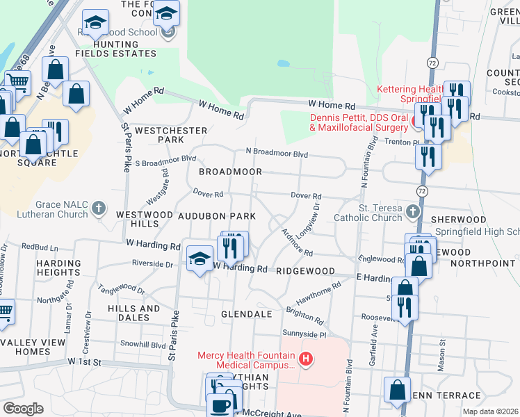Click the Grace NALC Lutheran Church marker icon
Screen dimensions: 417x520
tap(99, 208)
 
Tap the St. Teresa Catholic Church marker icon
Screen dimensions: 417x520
tap(414, 211)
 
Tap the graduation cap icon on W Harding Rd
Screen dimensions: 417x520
tap(200, 259)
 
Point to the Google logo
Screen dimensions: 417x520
tap(23, 409)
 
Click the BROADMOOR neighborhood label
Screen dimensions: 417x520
tap(230, 172)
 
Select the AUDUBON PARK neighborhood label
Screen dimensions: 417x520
tap(217, 216)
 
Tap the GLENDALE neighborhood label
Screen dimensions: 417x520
tap(246, 314)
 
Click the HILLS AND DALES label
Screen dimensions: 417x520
tap(134, 313)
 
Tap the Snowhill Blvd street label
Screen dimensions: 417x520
tap(143, 345)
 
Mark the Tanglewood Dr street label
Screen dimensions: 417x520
tap(122, 284)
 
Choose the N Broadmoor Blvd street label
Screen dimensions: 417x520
tap(276, 153)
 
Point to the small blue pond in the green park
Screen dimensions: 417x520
tap(283, 63)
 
